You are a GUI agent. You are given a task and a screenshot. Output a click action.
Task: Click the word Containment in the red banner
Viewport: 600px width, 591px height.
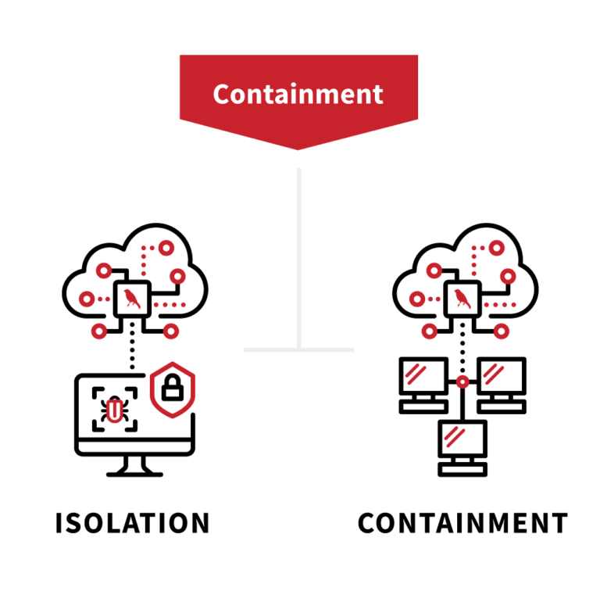click(298, 94)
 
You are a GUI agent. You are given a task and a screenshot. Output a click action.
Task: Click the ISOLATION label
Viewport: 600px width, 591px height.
click(133, 523)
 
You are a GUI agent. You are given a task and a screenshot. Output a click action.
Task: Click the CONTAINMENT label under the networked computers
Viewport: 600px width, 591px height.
click(462, 523)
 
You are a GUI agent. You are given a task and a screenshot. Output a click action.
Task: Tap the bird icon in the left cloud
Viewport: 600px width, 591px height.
click(132, 299)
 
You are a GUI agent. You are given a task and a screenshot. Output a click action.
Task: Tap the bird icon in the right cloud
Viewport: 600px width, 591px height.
click(462, 299)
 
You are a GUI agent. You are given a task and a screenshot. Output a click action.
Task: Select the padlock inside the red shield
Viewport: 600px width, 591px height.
click(173, 387)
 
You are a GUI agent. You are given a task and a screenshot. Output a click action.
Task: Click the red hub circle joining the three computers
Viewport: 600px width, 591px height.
click(462, 382)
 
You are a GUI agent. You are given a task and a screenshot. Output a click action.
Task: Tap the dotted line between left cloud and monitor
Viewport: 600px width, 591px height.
click(132, 344)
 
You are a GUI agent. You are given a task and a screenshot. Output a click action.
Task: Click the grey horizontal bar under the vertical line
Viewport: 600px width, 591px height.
click(298, 349)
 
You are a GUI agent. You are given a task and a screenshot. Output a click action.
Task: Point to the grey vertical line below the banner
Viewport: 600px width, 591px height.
click(298, 250)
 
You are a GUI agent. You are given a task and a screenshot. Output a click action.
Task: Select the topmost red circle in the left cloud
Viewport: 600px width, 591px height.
click(166, 249)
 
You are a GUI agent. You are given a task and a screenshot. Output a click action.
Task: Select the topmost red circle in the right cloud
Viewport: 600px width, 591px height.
click(496, 249)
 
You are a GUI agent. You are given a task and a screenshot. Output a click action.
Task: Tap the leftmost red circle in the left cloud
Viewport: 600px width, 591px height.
click(87, 299)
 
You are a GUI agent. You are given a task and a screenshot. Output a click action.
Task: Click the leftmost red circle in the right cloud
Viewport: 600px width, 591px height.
click(418, 299)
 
